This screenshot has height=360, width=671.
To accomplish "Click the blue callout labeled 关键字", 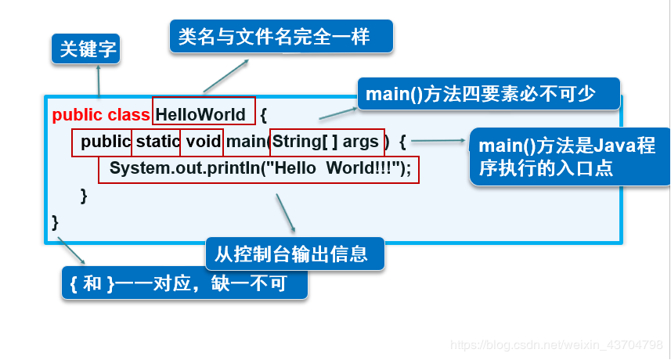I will (x=88, y=50).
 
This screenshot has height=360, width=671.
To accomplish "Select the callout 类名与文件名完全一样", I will (x=280, y=36).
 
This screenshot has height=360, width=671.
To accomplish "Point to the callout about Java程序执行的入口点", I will (x=568, y=157).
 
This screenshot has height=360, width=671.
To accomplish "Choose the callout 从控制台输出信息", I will (x=295, y=254).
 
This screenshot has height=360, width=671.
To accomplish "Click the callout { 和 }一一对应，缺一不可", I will (x=184, y=283).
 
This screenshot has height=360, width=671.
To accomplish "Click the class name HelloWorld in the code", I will (x=201, y=114).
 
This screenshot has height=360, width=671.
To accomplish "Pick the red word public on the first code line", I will (x=77, y=114).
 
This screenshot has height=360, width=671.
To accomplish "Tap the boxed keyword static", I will (x=157, y=142).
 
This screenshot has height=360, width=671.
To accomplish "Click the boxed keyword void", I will (x=202, y=142).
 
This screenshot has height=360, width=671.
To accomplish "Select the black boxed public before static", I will (x=106, y=142).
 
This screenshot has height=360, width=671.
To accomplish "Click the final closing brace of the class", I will (x=56, y=222).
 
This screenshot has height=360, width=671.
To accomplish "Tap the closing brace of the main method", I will (x=84, y=196).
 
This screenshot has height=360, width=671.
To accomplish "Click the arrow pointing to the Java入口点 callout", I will (x=438, y=142).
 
